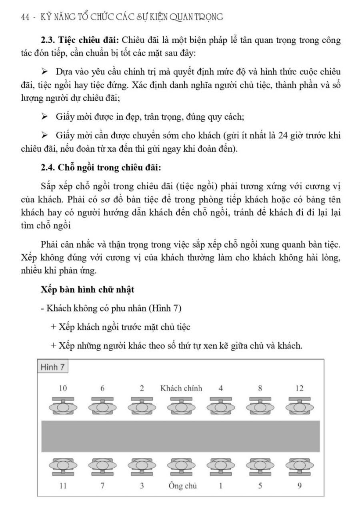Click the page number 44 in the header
point(25,17)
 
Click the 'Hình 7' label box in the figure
point(53,367)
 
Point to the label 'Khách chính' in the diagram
point(181,388)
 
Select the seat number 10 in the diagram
point(62,388)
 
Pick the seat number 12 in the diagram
point(299,388)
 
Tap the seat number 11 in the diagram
point(62,486)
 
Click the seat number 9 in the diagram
point(299,486)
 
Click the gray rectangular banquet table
point(180,436)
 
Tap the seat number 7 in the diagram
point(102,486)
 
